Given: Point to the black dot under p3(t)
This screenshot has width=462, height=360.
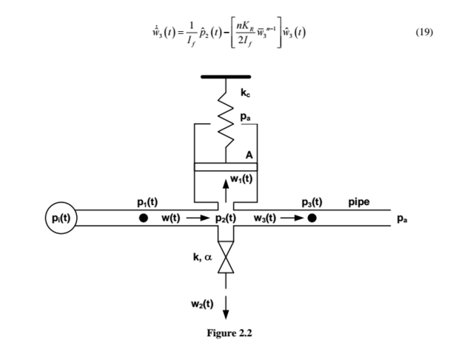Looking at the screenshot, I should click(x=312, y=219).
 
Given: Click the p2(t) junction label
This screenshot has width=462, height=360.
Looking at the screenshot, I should click(x=225, y=219).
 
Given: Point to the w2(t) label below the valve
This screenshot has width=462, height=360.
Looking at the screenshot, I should click(x=201, y=304).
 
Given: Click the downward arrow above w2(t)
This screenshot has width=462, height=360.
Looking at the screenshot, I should click(x=225, y=299).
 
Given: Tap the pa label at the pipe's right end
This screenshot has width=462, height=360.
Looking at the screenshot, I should click(x=401, y=219).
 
